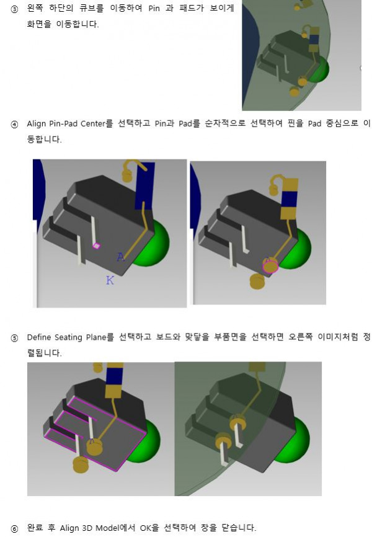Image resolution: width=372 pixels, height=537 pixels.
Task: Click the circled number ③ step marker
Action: click(14, 9)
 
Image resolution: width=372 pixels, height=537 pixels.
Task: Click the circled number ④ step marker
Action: click(14, 124)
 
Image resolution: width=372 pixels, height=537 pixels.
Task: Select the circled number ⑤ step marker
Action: click(14, 339)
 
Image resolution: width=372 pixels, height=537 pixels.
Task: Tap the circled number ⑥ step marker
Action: click(14, 529)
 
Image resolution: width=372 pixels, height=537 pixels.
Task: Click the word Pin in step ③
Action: click(154, 9)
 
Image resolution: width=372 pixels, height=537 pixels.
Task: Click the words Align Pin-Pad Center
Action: click(66, 123)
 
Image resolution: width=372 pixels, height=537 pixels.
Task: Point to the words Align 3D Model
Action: click(89, 528)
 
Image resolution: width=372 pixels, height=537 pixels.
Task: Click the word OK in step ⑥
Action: click(146, 528)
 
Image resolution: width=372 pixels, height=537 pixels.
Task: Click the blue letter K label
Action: click(110, 280)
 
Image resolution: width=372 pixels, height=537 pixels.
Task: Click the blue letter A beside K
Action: click(120, 257)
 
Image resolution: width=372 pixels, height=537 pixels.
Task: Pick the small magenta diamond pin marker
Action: click(96, 245)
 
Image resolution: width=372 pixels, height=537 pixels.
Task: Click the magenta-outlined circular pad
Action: click(270, 265)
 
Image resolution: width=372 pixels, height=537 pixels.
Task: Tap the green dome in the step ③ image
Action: click(319, 69)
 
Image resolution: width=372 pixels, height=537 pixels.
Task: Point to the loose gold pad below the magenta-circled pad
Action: click(257, 282)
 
